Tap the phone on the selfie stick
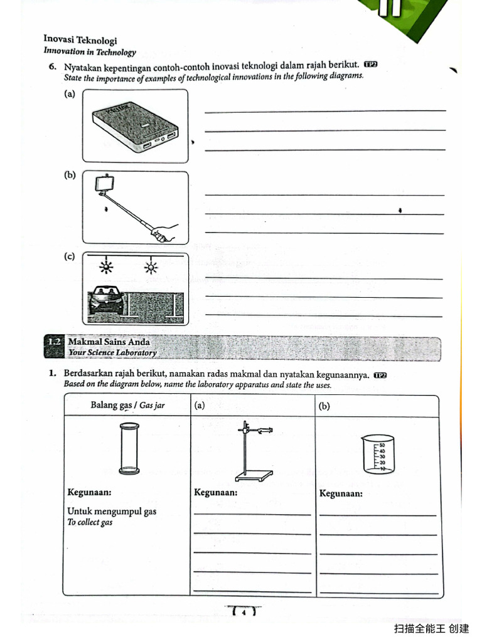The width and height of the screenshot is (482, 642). pos(104,184)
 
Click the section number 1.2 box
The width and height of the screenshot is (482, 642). pos(55,342)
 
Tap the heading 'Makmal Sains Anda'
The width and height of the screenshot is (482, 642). pos(109,342)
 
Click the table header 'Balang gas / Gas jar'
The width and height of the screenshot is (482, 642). pos(127,405)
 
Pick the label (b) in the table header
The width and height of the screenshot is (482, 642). pos(324,406)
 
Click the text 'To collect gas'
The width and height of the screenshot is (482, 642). pos(90,522)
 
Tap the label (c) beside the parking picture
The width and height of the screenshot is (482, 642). pos(70,256)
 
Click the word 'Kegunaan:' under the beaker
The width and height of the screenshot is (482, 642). pos(341,493)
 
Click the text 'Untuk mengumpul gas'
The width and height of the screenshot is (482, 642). pos(112,511)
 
